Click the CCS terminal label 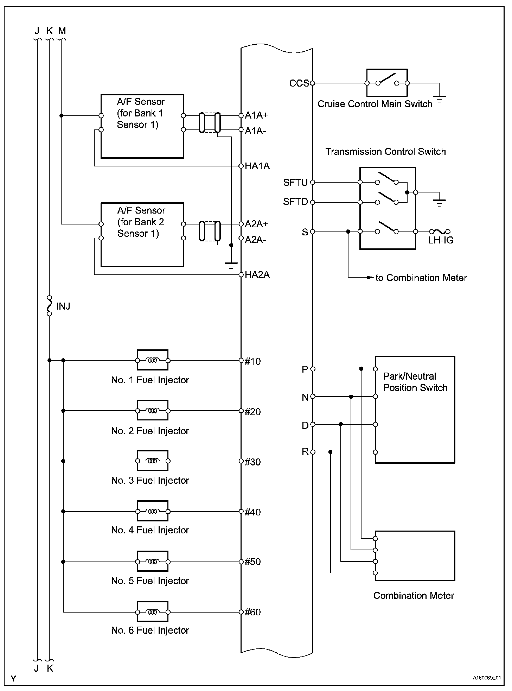tap(299, 83)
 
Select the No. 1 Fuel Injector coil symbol tap(152, 360)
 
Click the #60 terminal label tap(253, 612)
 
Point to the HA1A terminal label tap(257, 166)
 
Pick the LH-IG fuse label tap(441, 240)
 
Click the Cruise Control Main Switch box tap(387, 83)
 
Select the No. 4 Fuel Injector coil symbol tap(152, 511)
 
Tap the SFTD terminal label tap(295, 202)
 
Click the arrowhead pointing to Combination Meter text tap(370, 278)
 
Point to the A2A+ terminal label tap(257, 224)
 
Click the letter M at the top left tap(62, 31)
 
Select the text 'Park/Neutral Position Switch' tap(415, 382)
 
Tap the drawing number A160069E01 tap(486, 678)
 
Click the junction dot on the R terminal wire tap(330, 452)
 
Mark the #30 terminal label tap(253, 462)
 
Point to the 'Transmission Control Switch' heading tap(385, 152)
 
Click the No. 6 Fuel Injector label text tap(150, 630)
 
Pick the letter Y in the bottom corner tap(13, 679)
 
